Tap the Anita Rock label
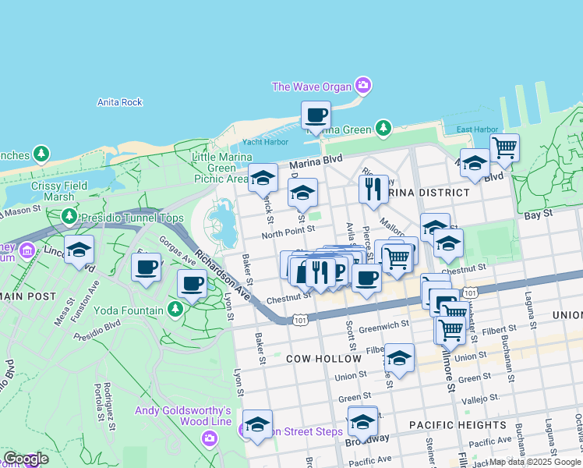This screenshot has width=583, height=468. [120, 102]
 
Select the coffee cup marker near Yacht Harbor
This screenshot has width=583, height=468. [316, 115]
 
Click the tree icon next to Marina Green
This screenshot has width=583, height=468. [383, 128]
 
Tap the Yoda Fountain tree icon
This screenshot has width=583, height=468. [175, 310]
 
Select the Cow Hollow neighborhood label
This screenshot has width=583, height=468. [323, 359]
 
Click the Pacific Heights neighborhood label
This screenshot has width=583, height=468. [458, 425]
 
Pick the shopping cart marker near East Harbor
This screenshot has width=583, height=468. [504, 147]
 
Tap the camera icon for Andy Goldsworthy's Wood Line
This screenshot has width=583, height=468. [209, 438]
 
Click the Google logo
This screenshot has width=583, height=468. [26, 459]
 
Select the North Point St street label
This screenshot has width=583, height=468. [288, 230]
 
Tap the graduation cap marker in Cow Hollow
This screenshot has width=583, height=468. [399, 358]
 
